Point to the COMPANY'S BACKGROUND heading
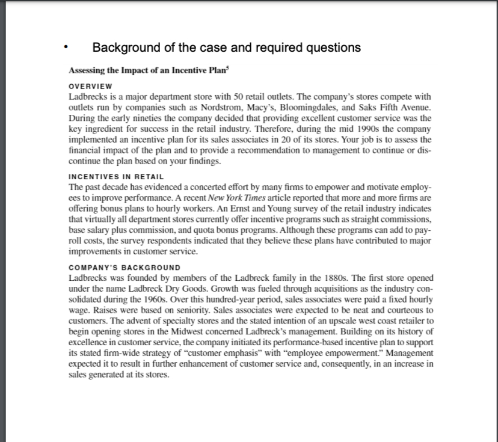click(124, 267)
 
